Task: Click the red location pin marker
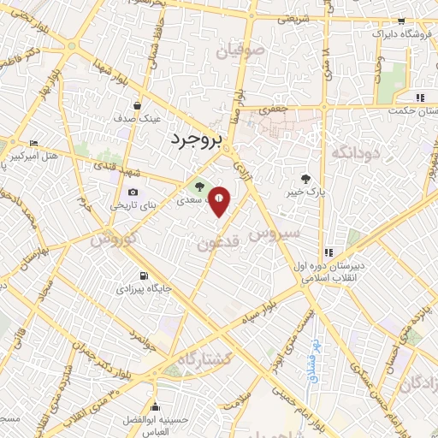pyautogui.click(x=220, y=200)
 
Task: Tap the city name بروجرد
pyautogui.click(x=196, y=139)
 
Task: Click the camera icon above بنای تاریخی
pyautogui.click(x=133, y=192)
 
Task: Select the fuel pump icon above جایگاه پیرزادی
pyautogui.click(x=142, y=277)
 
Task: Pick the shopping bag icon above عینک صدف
pyautogui.click(x=137, y=105)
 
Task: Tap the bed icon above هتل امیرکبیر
pyautogui.click(x=33, y=143)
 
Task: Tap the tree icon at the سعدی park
pyautogui.click(x=200, y=185)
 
